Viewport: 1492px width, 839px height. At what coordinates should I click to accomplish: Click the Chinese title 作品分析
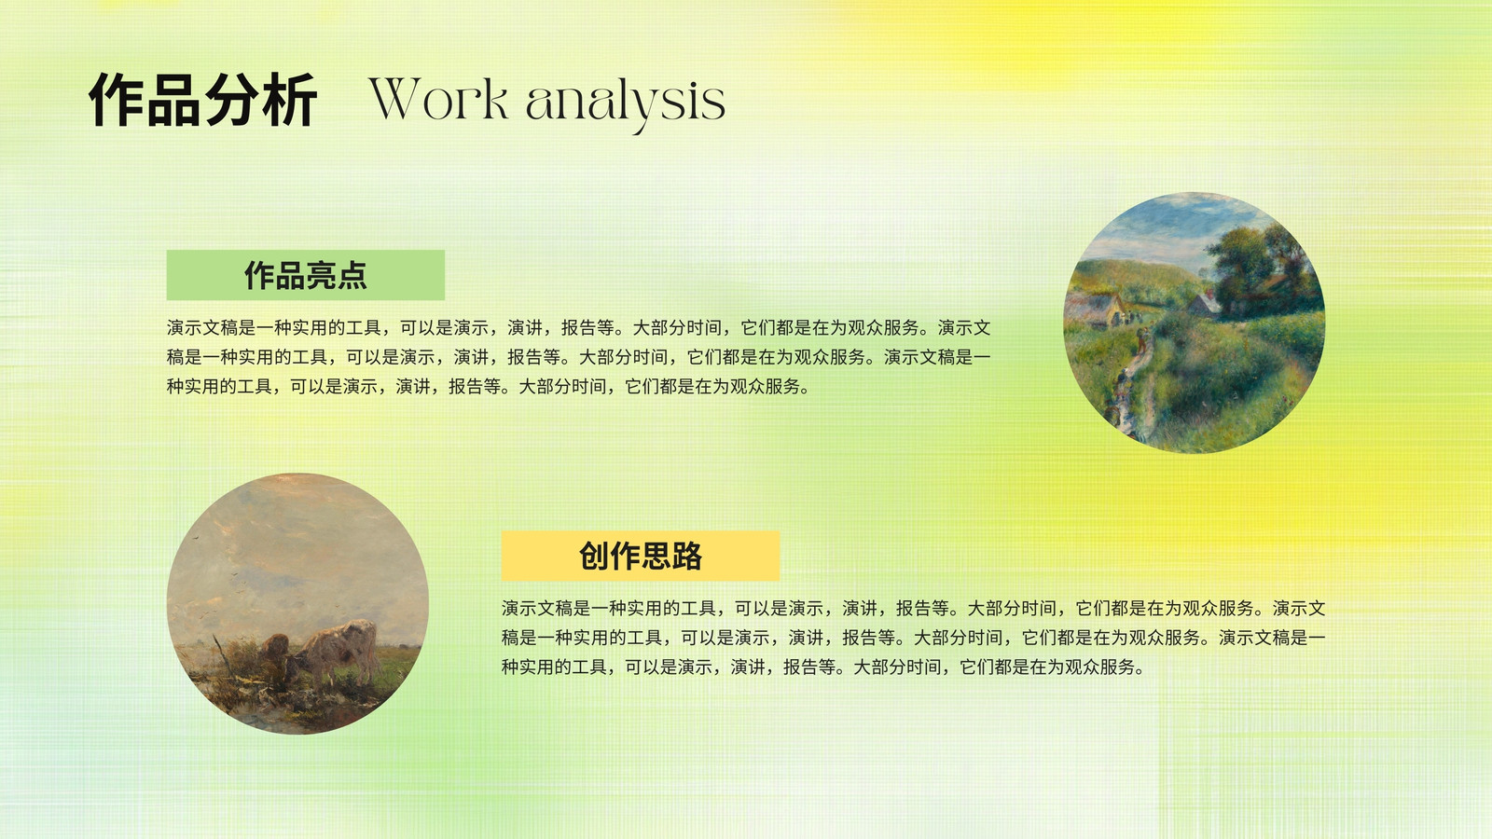(202, 100)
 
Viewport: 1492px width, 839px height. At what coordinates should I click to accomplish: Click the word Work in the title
(439, 99)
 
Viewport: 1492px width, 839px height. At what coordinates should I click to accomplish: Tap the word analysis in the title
(625, 103)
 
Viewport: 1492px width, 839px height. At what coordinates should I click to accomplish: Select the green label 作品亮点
(306, 275)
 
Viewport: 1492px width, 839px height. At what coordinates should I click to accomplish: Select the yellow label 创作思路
(640, 556)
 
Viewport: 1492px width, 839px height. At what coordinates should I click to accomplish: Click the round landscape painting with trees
(1194, 323)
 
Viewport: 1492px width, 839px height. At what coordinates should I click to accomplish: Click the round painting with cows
(297, 604)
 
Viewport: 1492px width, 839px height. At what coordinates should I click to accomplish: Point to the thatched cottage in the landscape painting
(1099, 308)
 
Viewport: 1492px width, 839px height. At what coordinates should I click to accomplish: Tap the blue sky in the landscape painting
(1159, 227)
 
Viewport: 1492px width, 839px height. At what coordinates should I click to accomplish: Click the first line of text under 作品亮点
(579, 327)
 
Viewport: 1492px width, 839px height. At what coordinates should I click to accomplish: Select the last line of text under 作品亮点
(489, 386)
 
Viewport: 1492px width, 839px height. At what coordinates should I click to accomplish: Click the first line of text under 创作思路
(914, 608)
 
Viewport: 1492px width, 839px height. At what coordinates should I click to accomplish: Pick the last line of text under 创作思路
(823, 667)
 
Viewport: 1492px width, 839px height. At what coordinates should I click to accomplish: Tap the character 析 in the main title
(289, 100)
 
